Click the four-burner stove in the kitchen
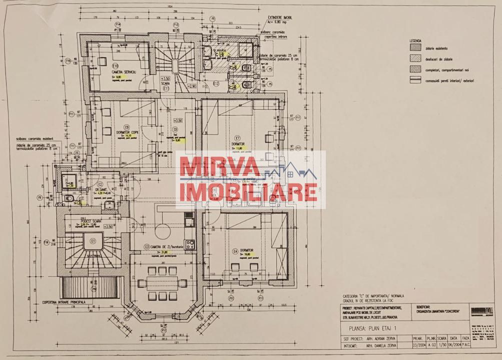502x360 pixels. click(190, 244)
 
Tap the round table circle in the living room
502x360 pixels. click(163, 229)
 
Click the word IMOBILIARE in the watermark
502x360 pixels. click(248, 192)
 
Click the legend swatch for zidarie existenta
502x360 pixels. click(415, 47)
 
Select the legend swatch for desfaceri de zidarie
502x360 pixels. click(415, 59)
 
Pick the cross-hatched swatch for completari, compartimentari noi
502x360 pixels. click(415, 70)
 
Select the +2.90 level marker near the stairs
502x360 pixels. click(191, 86)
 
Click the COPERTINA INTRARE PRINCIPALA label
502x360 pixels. click(65, 301)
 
